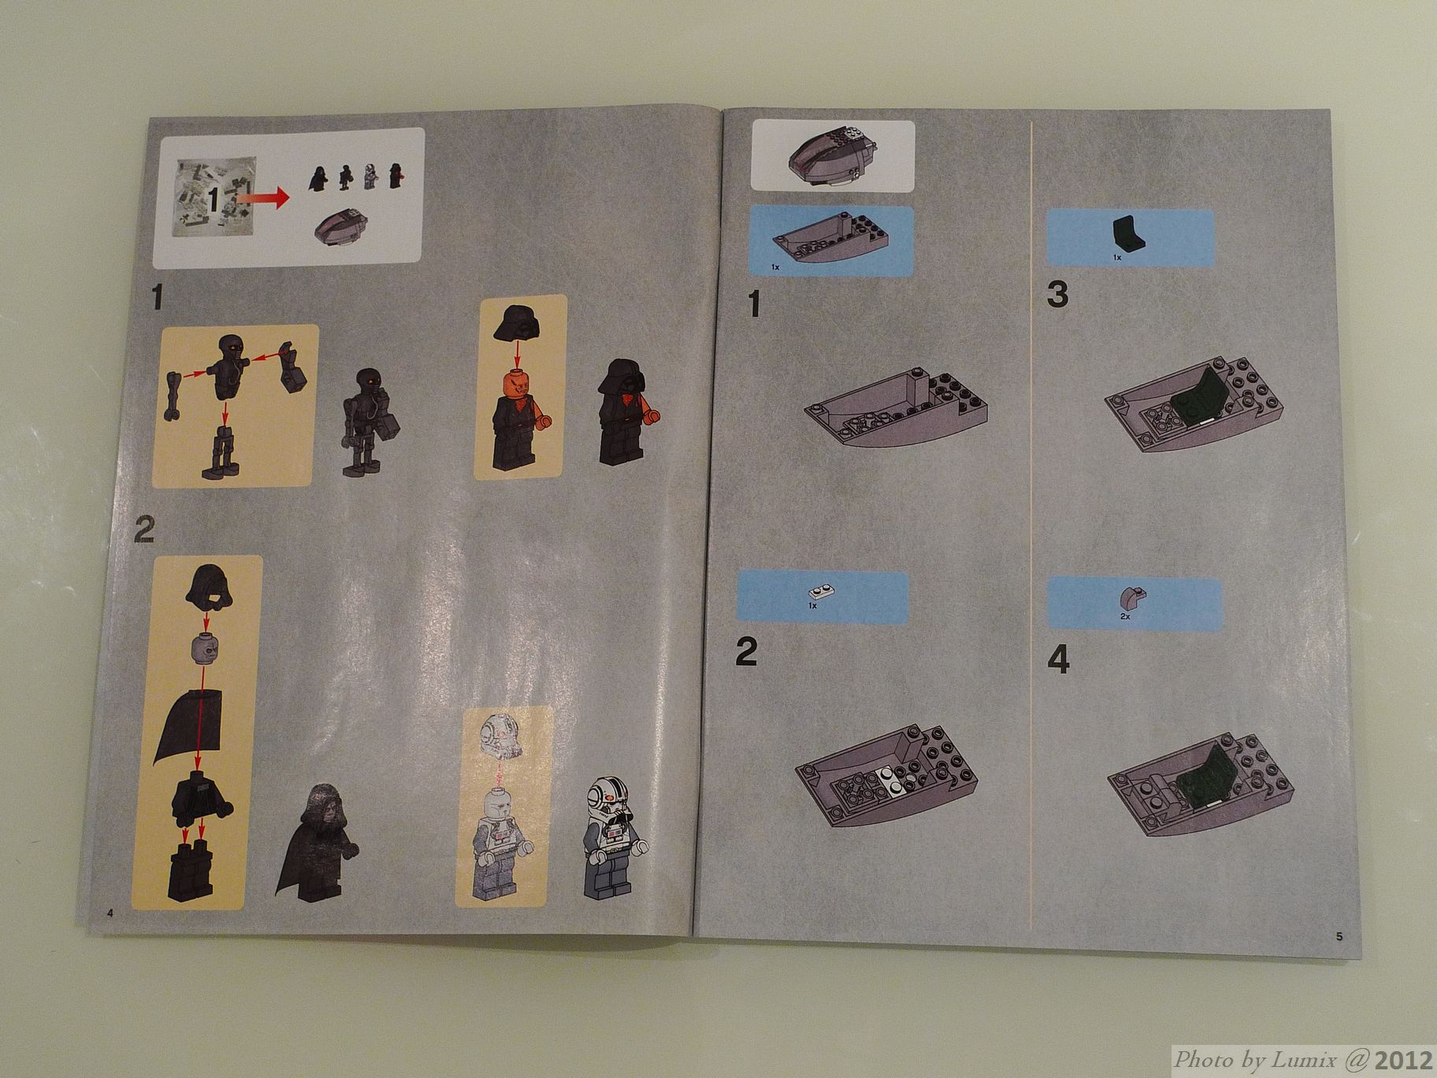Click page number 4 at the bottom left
point(110,913)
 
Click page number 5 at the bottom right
point(1339,936)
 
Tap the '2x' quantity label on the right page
point(1126,618)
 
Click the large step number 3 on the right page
point(1058,295)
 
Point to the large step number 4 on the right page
point(1058,660)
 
